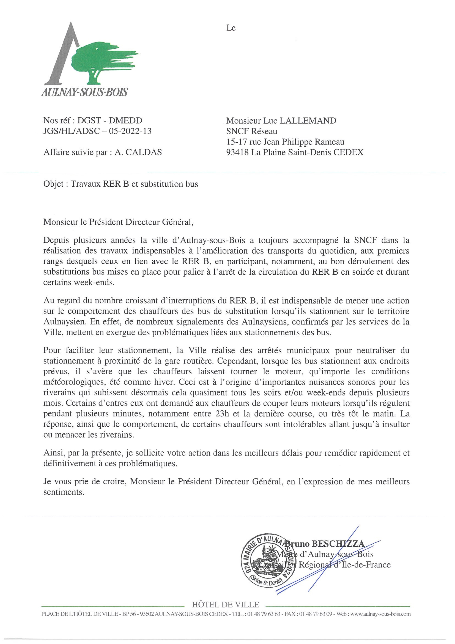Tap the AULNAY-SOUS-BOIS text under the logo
click(84, 92)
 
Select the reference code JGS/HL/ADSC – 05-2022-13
click(97, 131)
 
